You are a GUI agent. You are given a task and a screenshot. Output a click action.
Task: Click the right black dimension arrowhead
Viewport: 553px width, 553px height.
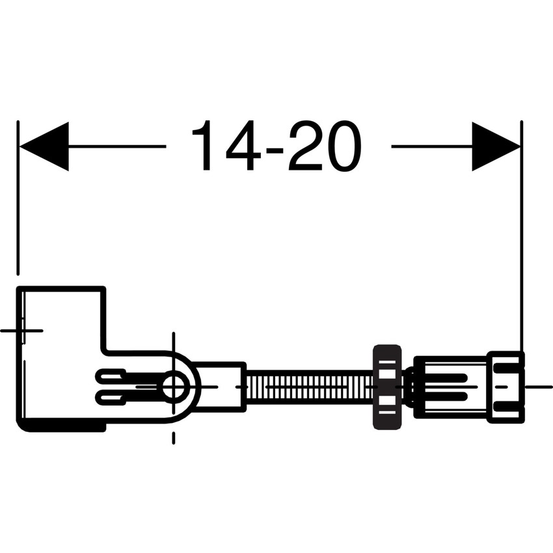(x=496, y=146)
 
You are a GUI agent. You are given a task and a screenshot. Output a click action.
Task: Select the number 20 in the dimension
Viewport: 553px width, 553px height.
(x=325, y=146)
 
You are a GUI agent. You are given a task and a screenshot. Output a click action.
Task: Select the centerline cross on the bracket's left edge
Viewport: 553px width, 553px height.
(x=20, y=330)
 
